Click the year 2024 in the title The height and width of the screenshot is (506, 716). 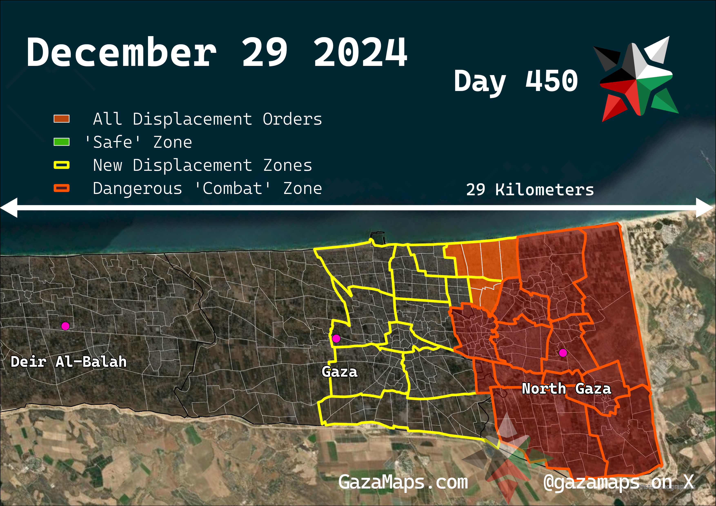pos(360,52)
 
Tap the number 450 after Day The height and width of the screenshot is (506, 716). pos(551,81)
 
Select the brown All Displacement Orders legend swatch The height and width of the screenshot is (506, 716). pos(61,119)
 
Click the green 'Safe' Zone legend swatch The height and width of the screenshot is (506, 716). pos(61,142)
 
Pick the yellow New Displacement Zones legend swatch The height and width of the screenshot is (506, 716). pos(61,165)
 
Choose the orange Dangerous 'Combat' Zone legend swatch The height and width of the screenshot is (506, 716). pos(61,188)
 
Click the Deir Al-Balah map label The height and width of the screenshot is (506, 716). pos(69,362)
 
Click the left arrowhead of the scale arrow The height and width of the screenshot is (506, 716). pos(9,207)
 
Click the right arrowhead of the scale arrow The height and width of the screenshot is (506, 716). pos(705,207)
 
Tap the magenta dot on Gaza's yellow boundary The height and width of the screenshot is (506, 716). pos(336,338)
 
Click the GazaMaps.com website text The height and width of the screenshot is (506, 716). pos(403,482)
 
